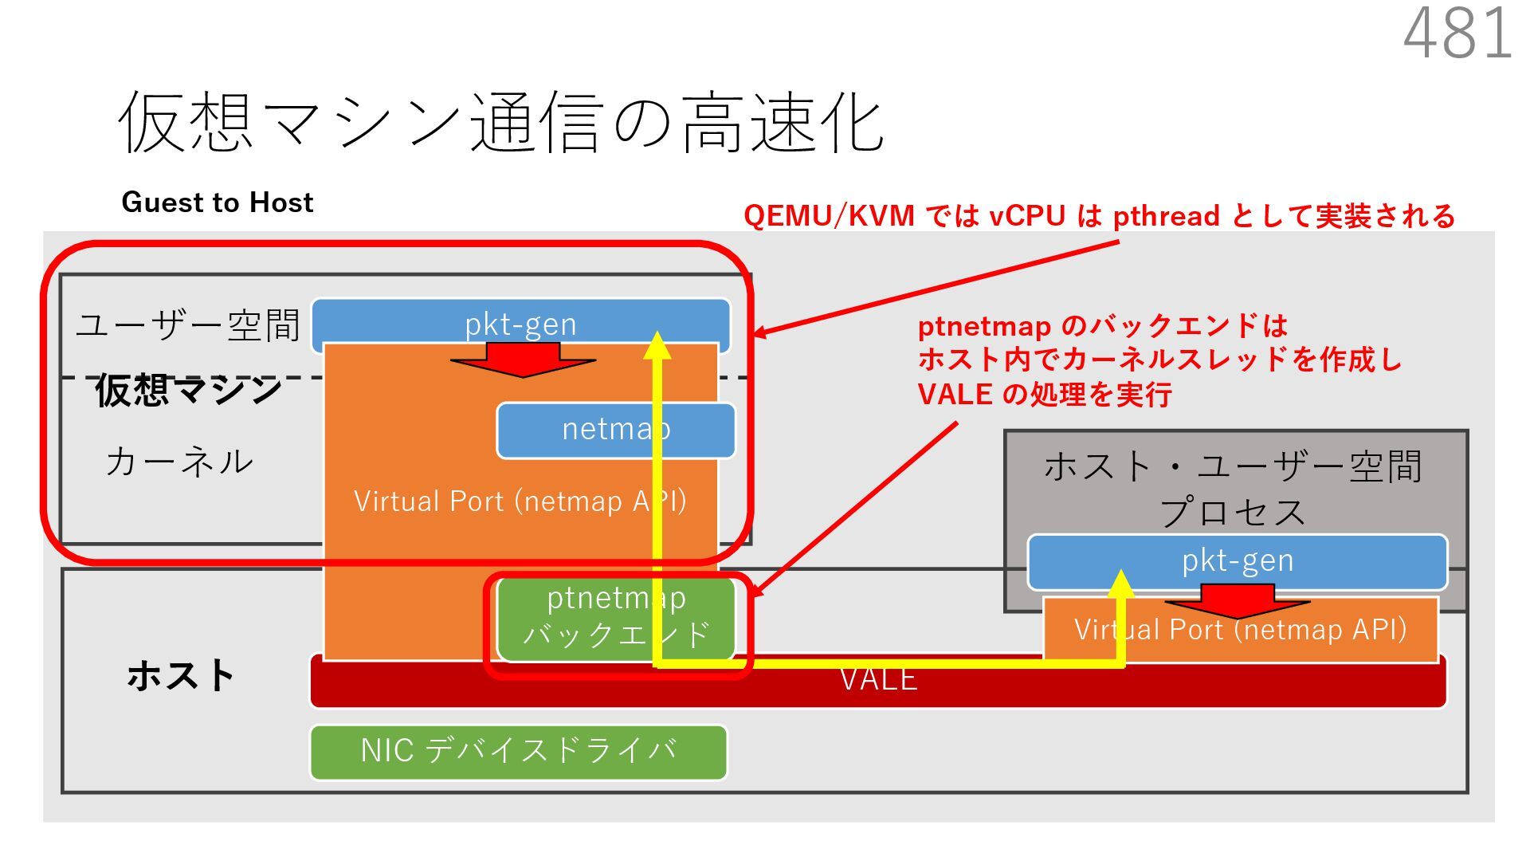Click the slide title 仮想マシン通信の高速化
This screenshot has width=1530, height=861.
tap(500, 122)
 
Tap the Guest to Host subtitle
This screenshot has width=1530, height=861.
tap(217, 202)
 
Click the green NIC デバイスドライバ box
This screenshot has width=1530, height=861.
tap(518, 751)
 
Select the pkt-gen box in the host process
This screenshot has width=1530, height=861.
tap(1237, 560)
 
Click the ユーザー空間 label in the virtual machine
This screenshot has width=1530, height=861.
tap(188, 325)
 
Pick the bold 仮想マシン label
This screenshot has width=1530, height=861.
tap(188, 391)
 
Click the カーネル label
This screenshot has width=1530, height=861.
tap(179, 462)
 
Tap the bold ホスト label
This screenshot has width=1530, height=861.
tap(180, 676)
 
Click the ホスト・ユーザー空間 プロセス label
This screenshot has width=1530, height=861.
tap(1234, 488)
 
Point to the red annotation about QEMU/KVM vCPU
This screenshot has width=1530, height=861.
tap(1099, 216)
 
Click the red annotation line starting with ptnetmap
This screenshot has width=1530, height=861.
tap(1103, 326)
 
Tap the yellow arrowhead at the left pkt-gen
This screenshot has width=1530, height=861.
tap(657, 345)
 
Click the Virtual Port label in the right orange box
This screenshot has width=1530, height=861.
tap(1240, 630)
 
